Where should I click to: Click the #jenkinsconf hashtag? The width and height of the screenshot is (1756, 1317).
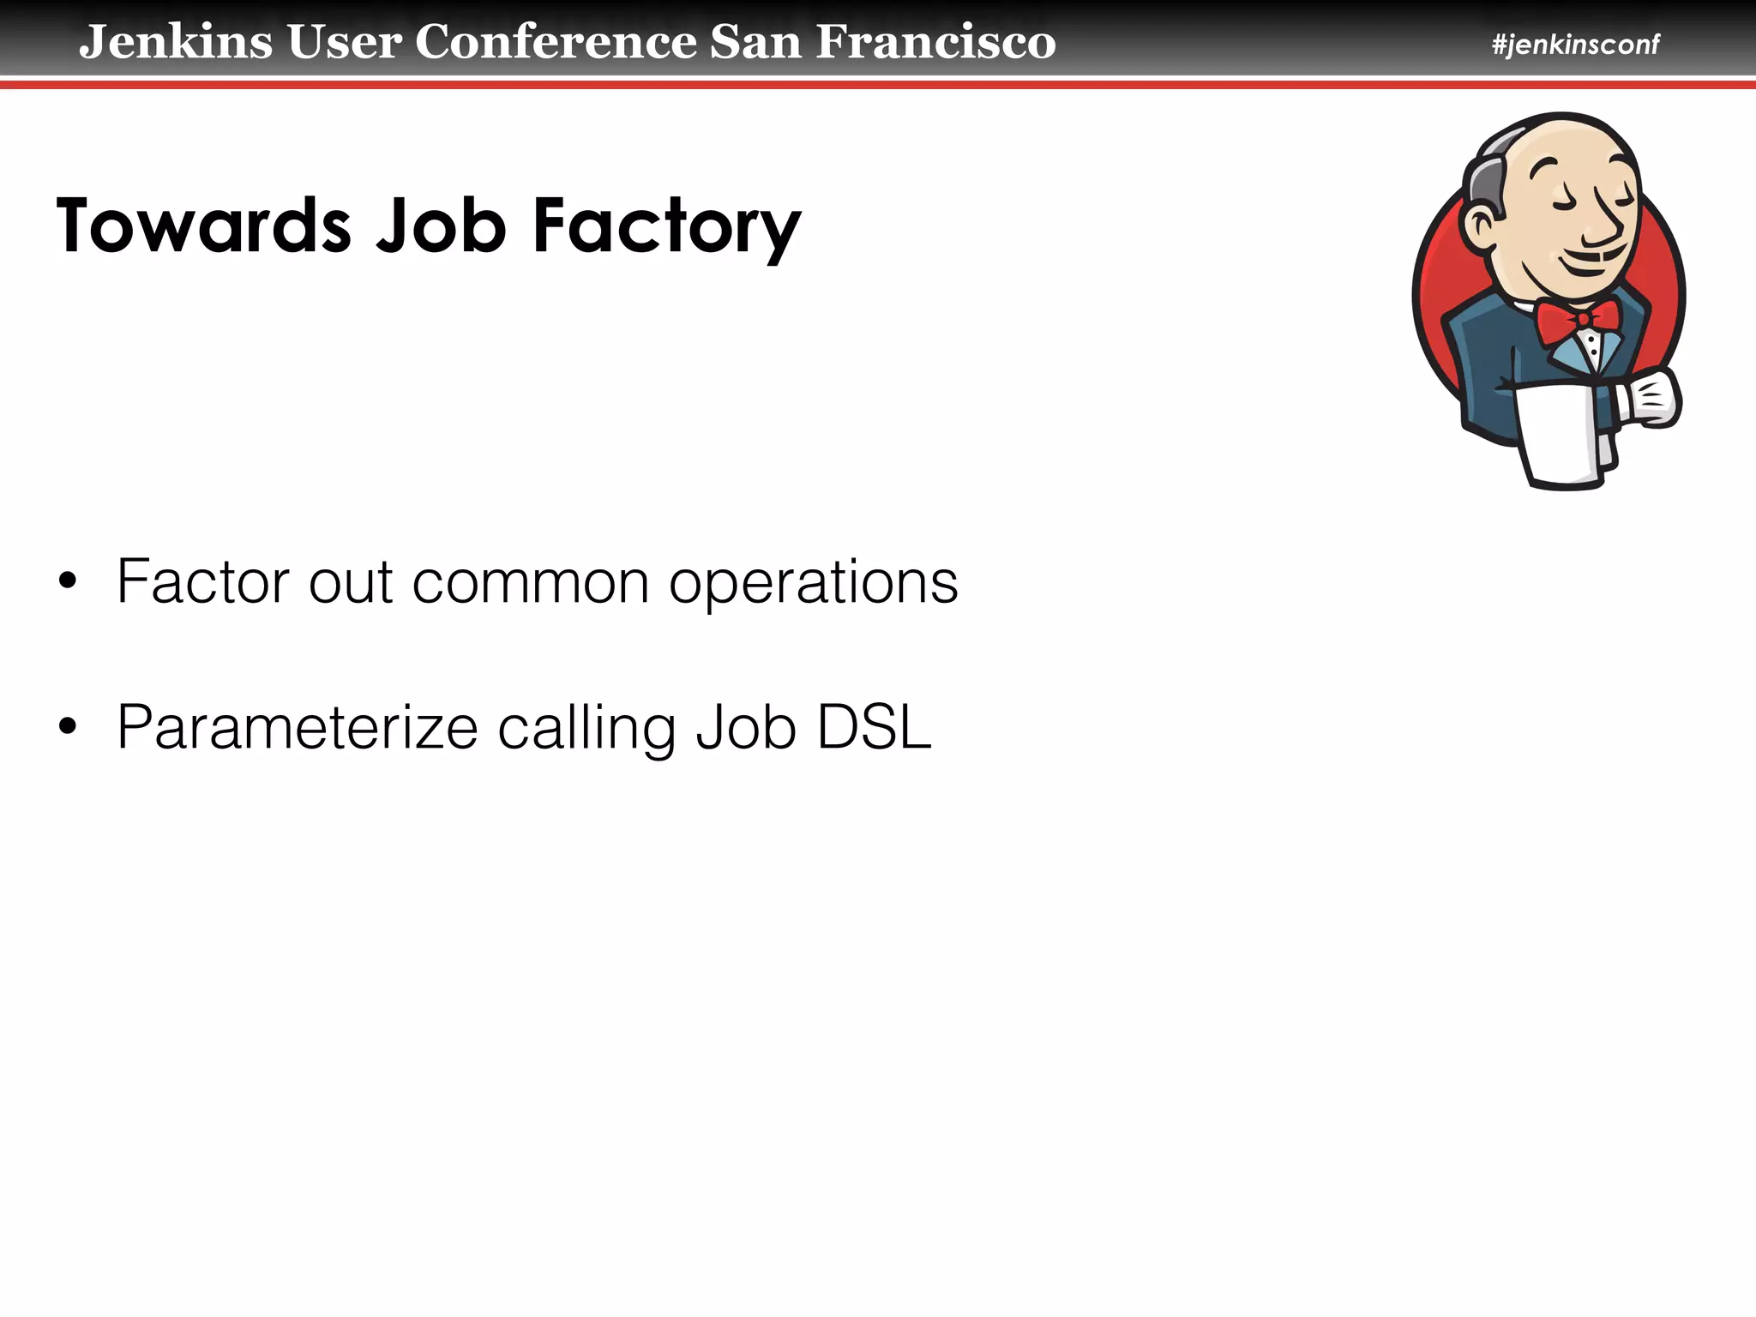(x=1575, y=45)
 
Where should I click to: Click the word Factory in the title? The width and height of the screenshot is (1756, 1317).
(x=666, y=227)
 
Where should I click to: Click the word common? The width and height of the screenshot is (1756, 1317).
(x=530, y=583)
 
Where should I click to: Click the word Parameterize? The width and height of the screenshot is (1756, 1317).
(x=297, y=729)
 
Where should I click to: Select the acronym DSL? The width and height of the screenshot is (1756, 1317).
(x=874, y=728)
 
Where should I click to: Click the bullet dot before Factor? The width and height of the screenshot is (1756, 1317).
(x=68, y=583)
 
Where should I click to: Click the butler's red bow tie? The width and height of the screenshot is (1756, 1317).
(x=1578, y=321)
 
